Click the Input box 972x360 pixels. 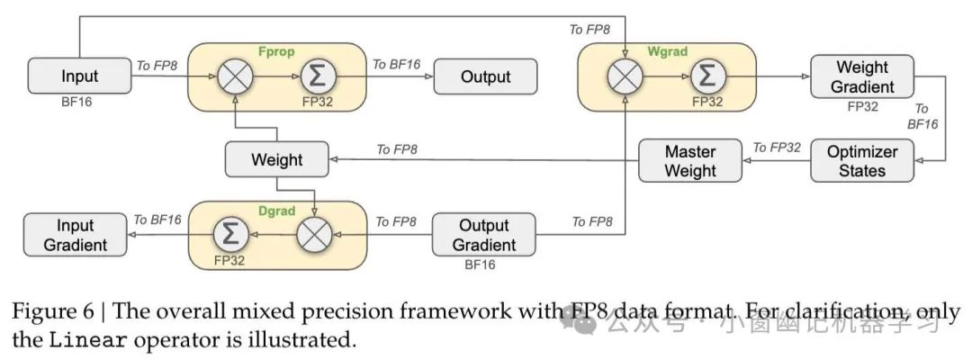point(79,76)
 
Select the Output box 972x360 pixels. point(485,76)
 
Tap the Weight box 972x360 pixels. point(276,160)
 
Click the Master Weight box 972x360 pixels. point(690,160)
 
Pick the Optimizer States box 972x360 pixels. point(861,160)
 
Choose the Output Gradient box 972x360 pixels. point(484,234)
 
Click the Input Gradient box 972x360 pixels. point(76,234)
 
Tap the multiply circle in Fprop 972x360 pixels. point(234,76)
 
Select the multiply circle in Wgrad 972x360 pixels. point(623,76)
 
